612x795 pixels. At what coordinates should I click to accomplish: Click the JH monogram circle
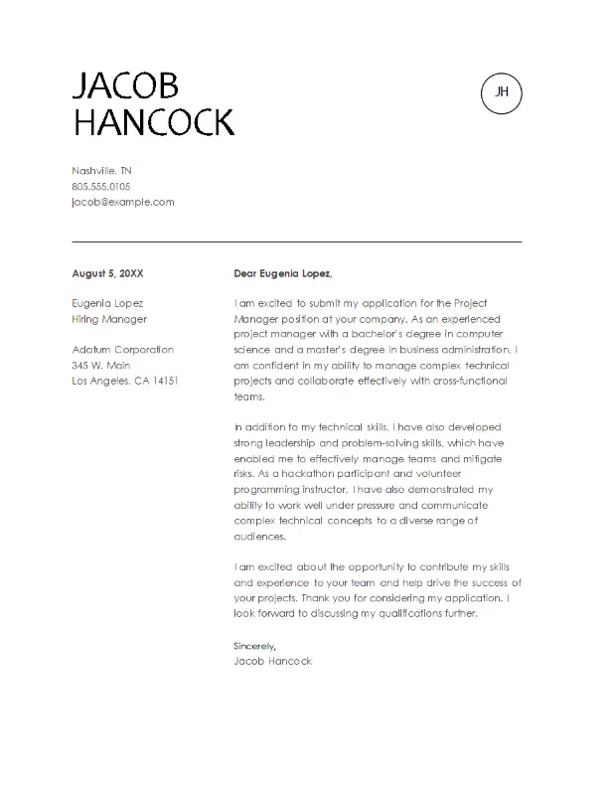click(501, 92)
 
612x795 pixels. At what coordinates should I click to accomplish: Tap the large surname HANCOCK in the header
click(154, 123)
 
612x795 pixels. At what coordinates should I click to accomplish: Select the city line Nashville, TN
click(102, 170)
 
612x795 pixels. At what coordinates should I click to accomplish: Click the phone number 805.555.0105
click(101, 186)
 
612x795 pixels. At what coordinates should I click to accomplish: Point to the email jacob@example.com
click(123, 201)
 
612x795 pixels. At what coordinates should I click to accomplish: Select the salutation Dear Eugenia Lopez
click(282, 273)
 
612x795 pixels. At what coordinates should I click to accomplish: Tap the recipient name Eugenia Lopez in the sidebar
click(108, 303)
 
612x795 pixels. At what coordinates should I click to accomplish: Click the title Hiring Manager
click(109, 319)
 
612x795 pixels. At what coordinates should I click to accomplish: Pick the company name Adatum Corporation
click(123, 350)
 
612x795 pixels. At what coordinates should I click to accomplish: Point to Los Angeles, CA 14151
click(125, 381)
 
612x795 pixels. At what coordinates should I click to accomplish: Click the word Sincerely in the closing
click(247, 646)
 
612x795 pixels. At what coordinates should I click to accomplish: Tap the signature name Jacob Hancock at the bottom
click(272, 661)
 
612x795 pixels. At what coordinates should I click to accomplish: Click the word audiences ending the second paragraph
click(259, 536)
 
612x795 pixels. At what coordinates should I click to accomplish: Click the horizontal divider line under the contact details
click(297, 241)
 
